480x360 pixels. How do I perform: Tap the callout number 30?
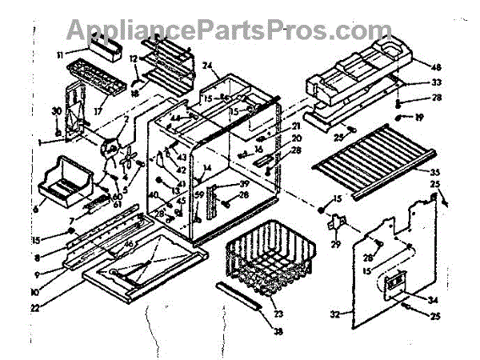click(56, 110)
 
